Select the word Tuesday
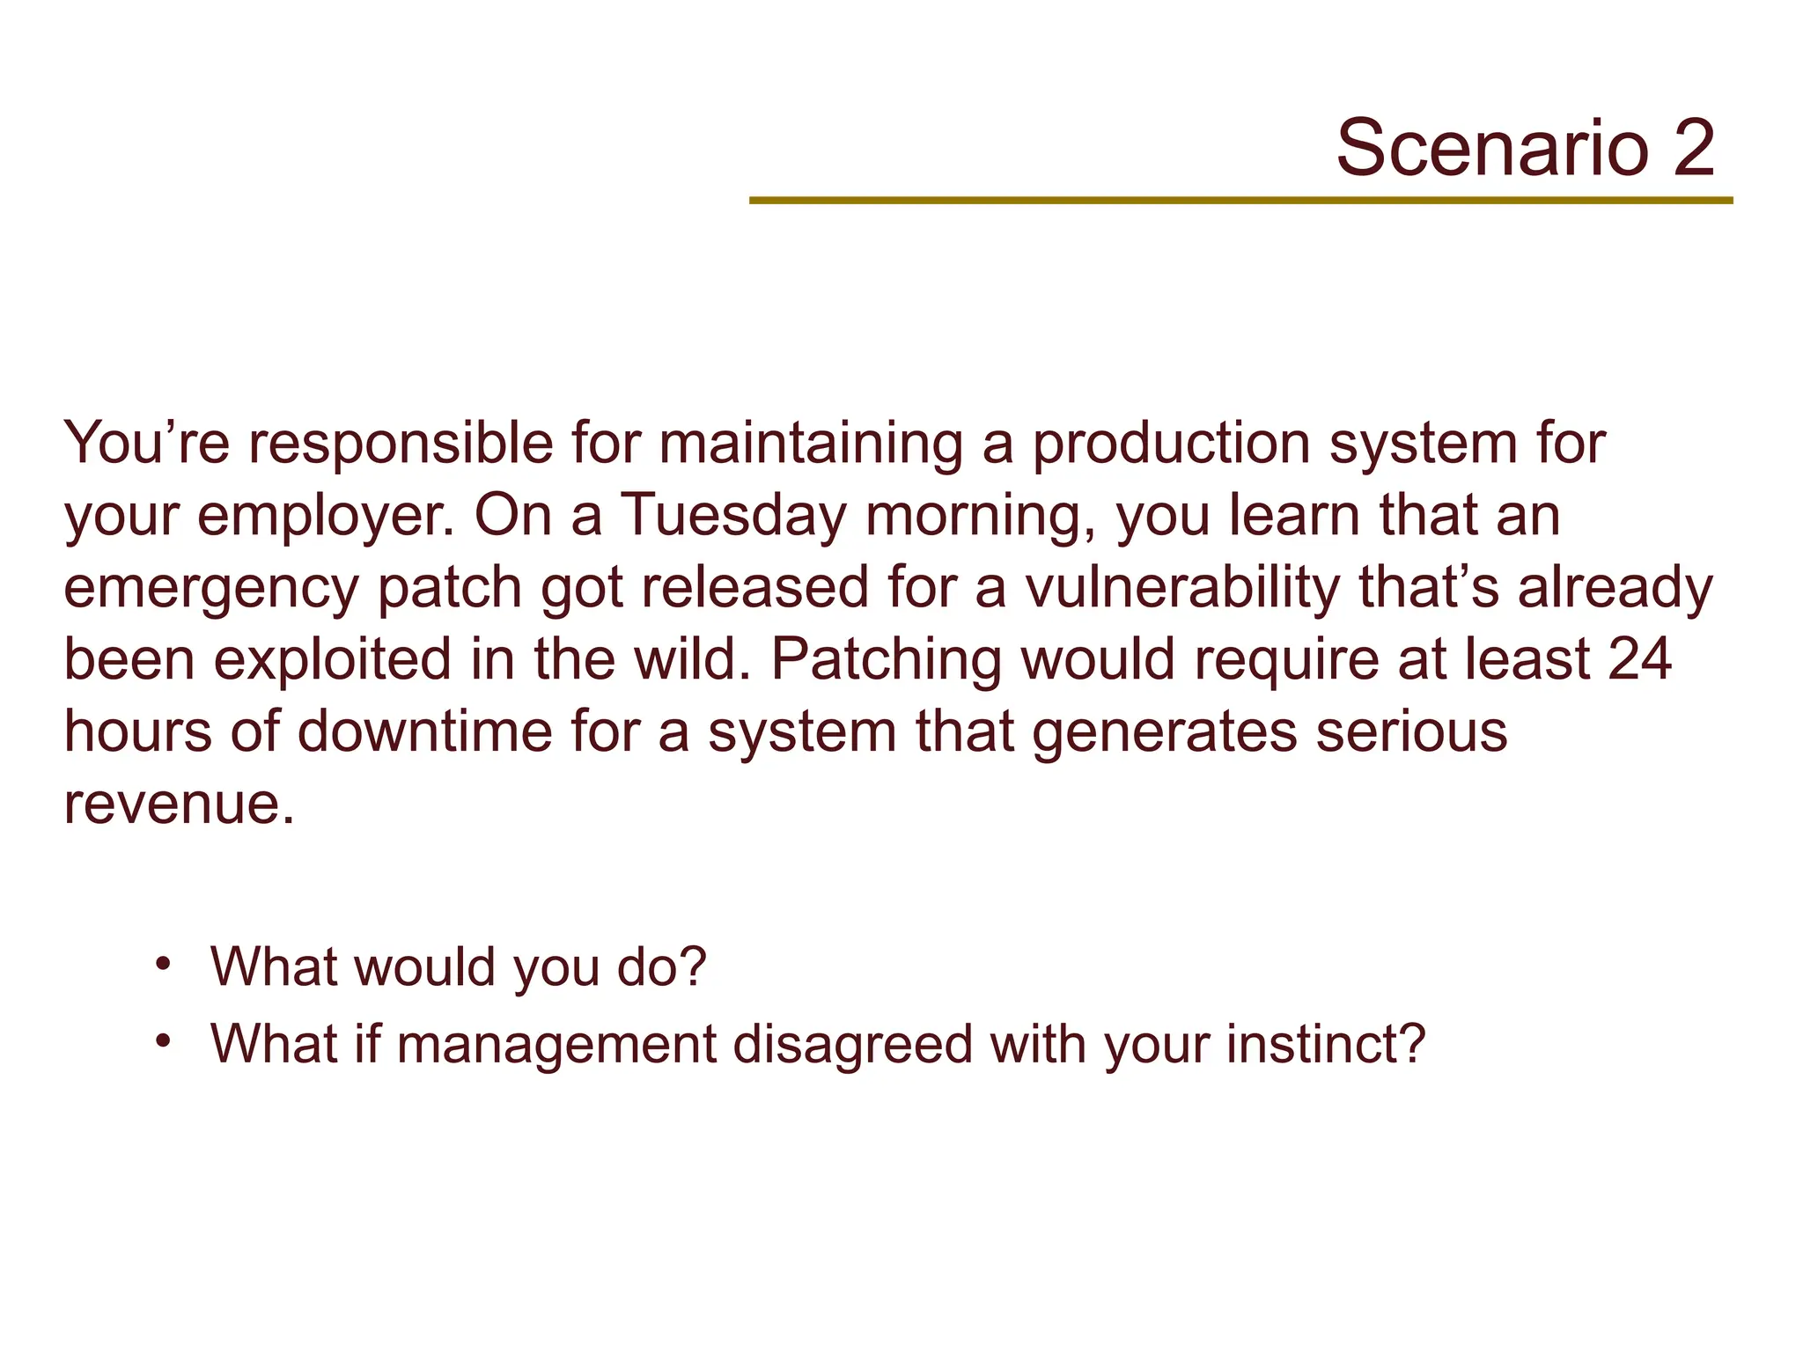click(733, 515)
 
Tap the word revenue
click(179, 804)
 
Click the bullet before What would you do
click(162, 963)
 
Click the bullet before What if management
click(162, 1040)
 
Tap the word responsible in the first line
click(401, 445)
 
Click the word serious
click(1411, 731)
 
